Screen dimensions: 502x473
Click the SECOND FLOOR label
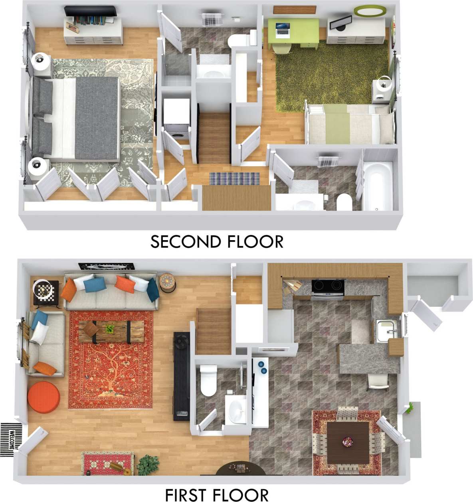pyautogui.click(x=217, y=242)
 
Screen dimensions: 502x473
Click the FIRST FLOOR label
pyautogui.click(x=217, y=495)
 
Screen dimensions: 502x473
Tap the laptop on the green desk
pyautogui.click(x=283, y=30)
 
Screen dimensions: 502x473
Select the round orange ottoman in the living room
pyautogui.click(x=44, y=397)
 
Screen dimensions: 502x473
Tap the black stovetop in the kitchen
pyautogui.click(x=328, y=286)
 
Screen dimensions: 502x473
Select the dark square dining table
pyautogui.click(x=348, y=443)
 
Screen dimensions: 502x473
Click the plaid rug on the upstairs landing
pyautogui.click(x=234, y=178)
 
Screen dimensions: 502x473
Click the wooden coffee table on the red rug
pyautogui.click(x=111, y=331)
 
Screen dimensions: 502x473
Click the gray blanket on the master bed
pyautogui.click(x=97, y=118)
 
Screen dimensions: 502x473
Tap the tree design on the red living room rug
pyautogui.click(x=111, y=371)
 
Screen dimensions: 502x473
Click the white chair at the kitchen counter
pyautogui.click(x=378, y=382)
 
